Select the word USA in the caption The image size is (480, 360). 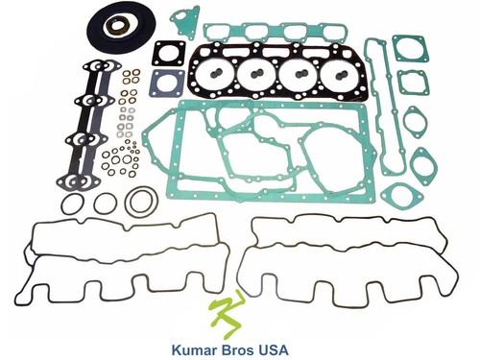coord(274,349)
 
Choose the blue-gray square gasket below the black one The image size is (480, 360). coord(167,84)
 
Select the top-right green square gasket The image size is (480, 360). coord(411,49)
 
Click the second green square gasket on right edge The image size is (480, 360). coord(413,83)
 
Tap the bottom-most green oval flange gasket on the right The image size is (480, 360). coord(397,194)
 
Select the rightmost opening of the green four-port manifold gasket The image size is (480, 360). coord(333,33)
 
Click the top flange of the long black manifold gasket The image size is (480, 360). coord(102,66)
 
